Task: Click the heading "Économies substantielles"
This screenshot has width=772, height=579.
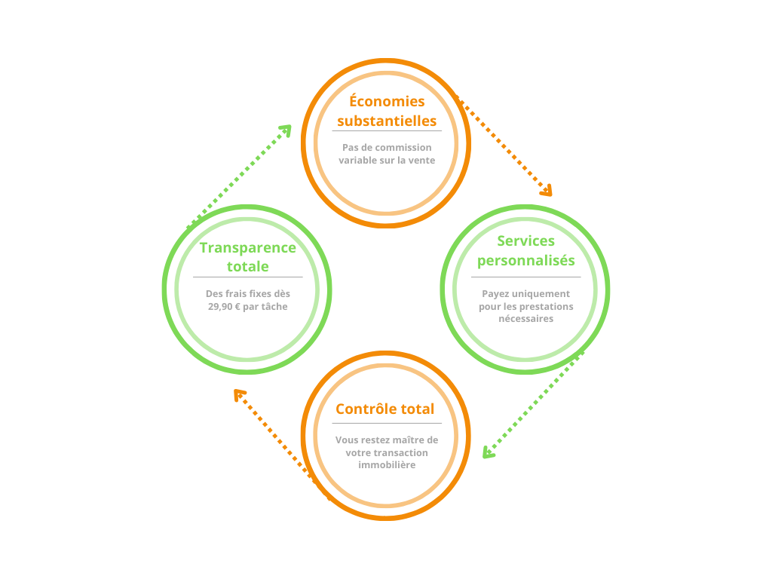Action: [x=386, y=111]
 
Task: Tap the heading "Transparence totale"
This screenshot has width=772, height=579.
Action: [x=247, y=257]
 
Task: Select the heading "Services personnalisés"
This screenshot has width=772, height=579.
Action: [x=525, y=250]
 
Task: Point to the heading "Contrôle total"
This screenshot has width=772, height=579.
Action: [x=385, y=409]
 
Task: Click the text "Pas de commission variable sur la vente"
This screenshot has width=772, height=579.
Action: [x=386, y=154]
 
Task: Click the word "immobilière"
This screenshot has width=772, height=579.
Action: [x=386, y=465]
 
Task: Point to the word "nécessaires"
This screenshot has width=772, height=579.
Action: [x=525, y=319]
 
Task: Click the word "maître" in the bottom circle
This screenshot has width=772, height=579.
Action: [x=406, y=440]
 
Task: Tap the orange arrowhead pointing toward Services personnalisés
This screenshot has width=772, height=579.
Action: [x=547, y=190]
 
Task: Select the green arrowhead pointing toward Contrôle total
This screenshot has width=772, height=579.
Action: [x=489, y=452]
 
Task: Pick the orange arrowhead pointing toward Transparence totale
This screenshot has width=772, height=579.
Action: [x=240, y=394]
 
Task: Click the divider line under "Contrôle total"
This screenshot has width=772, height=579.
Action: [x=386, y=423]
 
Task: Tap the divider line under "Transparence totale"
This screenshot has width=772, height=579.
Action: [x=247, y=277]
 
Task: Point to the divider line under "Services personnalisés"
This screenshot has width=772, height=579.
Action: [x=525, y=277]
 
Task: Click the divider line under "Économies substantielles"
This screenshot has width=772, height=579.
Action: [x=386, y=131]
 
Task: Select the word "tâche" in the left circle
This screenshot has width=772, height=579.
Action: [x=274, y=307]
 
